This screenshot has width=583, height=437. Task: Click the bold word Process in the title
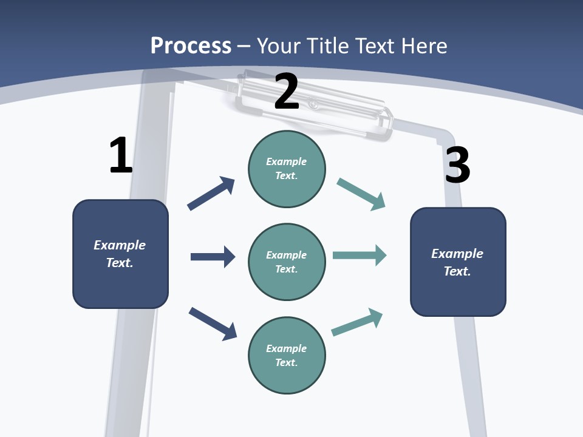pos(191,46)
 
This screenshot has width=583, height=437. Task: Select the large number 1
pos(121,155)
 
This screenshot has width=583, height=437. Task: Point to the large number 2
pos(287,92)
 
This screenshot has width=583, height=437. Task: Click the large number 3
pos(457,166)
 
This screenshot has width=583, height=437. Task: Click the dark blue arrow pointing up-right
pos(211,194)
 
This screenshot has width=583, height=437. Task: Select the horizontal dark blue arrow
pos(213,257)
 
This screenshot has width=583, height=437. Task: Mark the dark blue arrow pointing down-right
pos(213,323)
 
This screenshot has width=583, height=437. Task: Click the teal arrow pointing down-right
pos(361,194)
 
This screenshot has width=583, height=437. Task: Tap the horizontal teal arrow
pos(360,255)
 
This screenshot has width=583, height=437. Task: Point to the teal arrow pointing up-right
pos(357,322)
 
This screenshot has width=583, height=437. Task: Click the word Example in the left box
pos(120,245)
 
